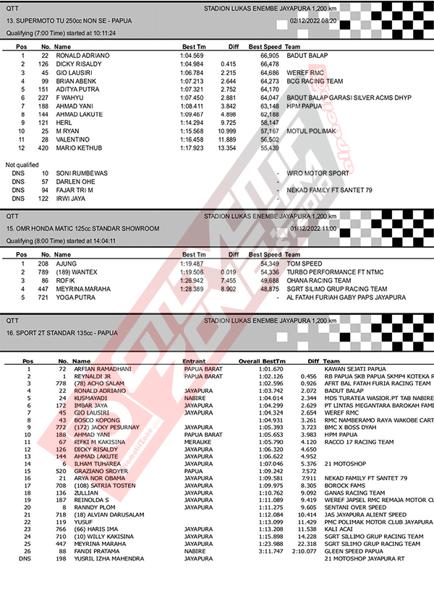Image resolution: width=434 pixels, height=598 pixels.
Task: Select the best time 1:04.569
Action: pyautogui.click(x=192, y=56)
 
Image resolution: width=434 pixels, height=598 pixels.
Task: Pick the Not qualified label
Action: pyautogui.click(x=21, y=165)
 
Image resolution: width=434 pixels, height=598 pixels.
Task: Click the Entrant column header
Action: pyautogui.click(x=195, y=360)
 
